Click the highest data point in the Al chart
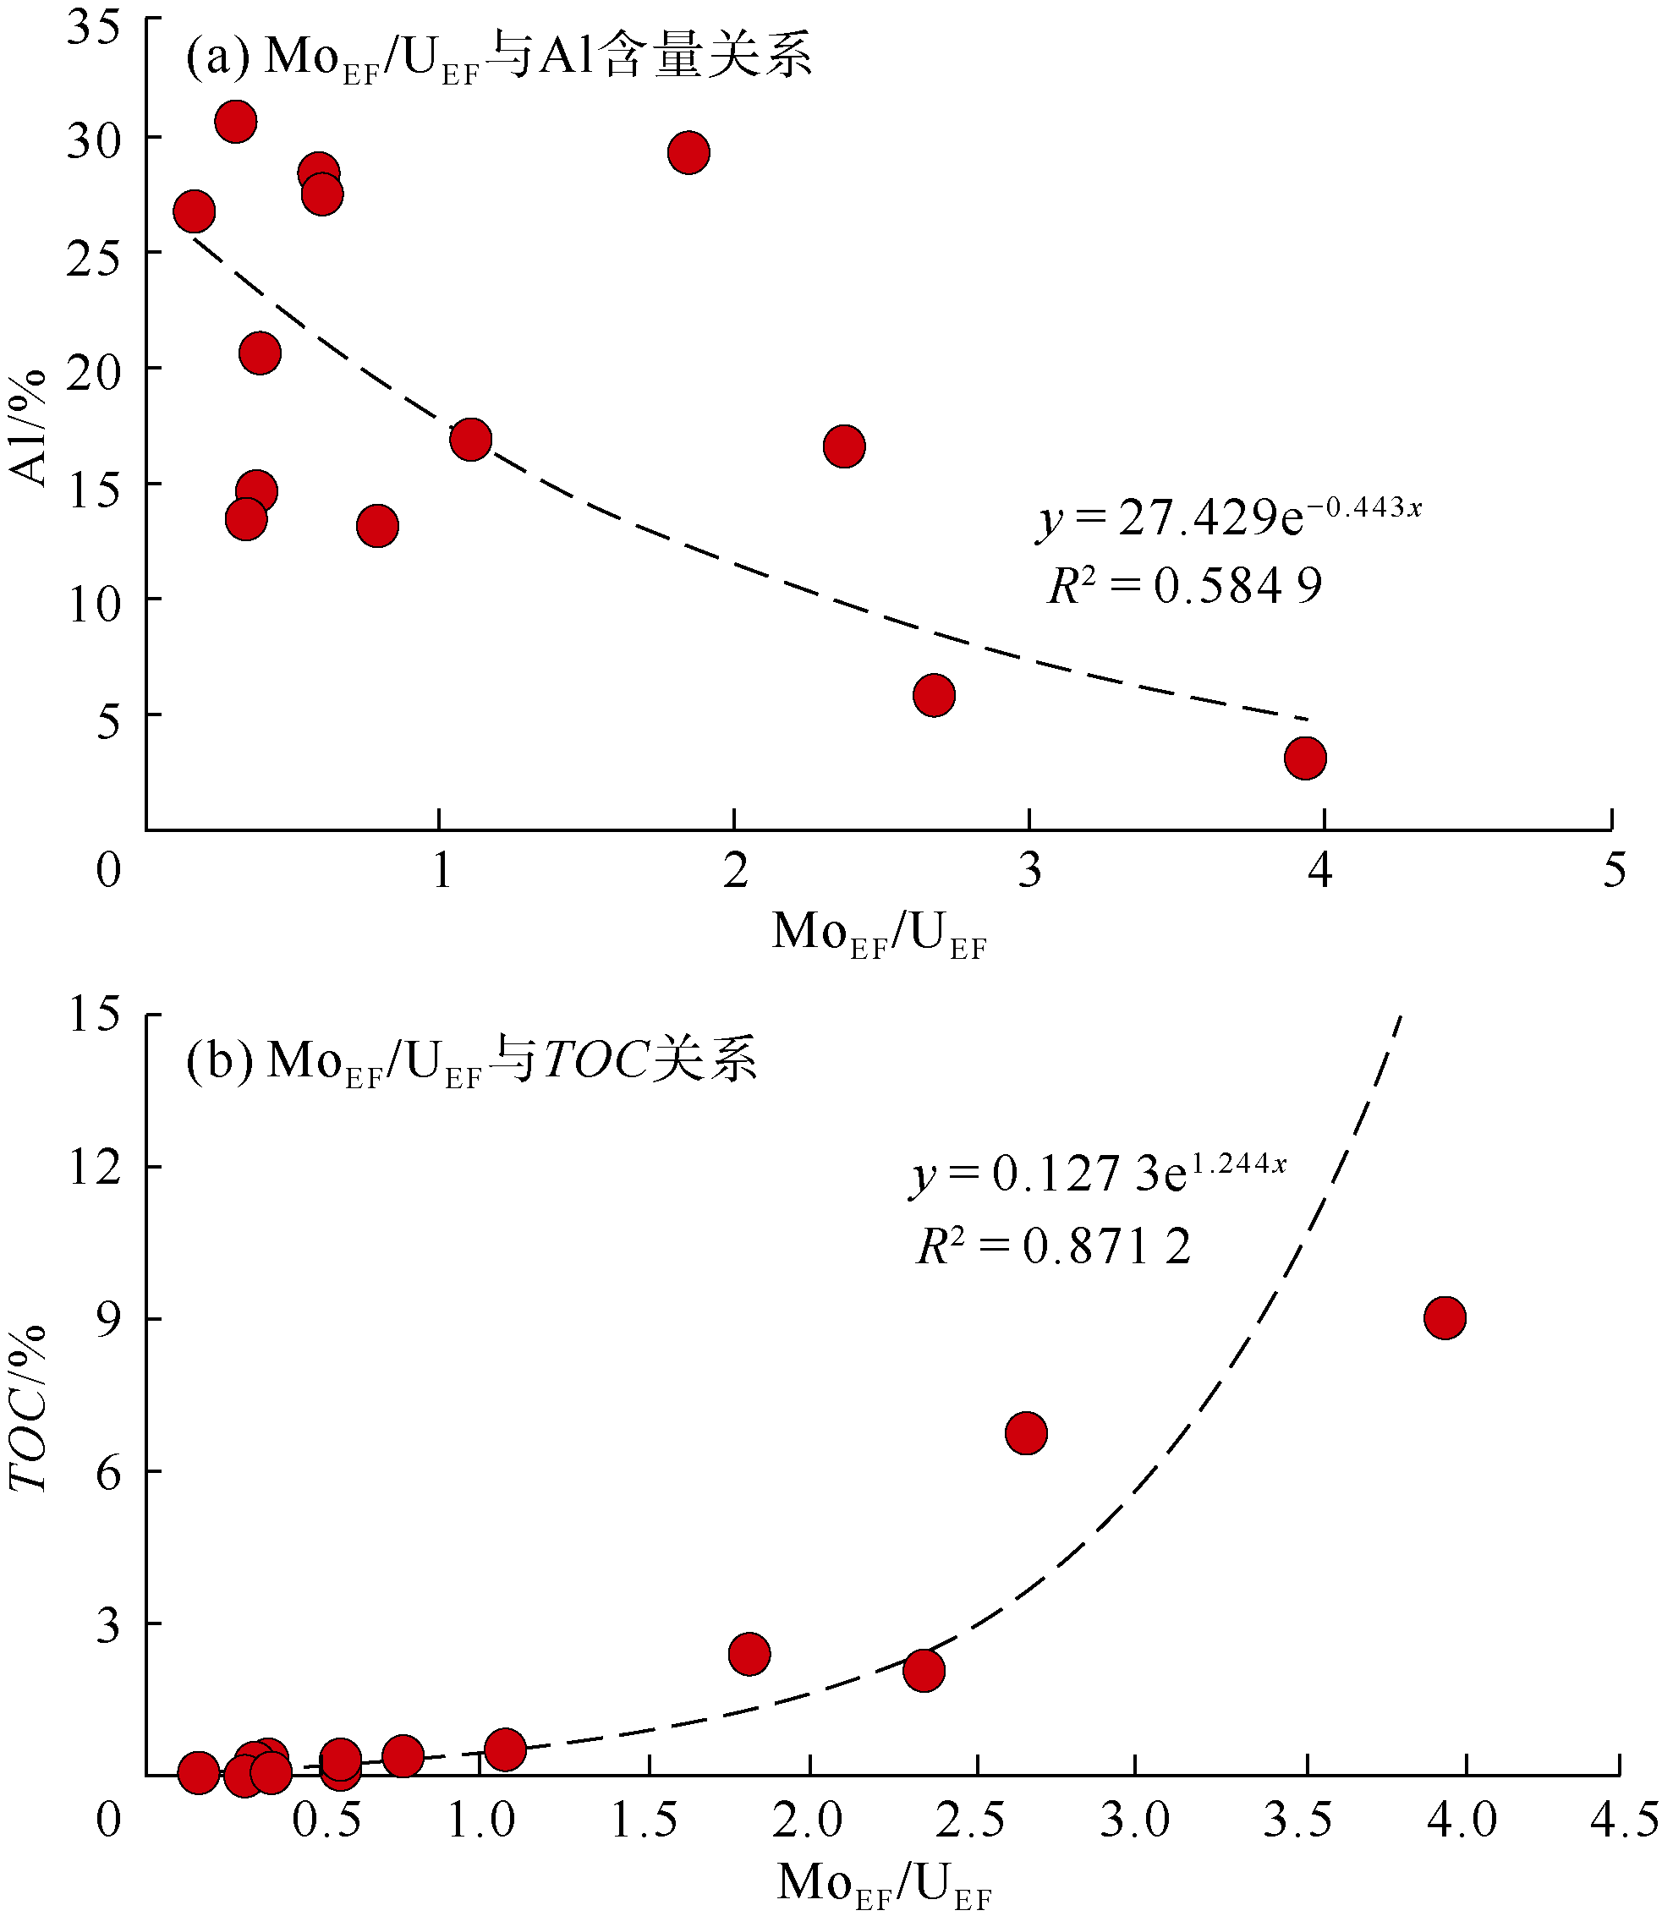(236, 122)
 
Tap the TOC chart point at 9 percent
(1445, 1318)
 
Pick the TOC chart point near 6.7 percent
(1026, 1433)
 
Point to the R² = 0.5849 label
(1185, 586)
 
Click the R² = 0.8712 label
(1054, 1245)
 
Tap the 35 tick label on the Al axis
(94, 28)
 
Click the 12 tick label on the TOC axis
(94, 1166)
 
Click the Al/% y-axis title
(28, 427)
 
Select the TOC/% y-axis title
(28, 1409)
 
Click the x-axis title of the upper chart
(879, 933)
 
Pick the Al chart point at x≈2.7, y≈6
(934, 696)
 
